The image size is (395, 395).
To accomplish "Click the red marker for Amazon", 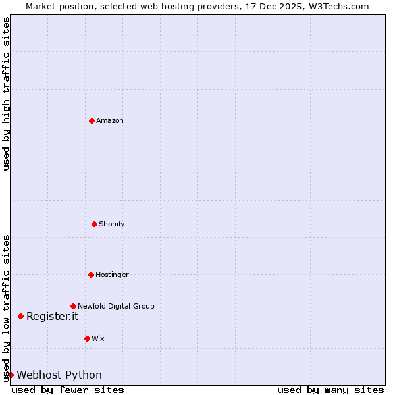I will coord(92,120).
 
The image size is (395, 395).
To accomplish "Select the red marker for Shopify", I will coord(94,224).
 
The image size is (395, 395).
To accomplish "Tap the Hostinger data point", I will coord(91,275).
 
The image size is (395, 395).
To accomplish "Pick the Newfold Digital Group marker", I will coord(73,306).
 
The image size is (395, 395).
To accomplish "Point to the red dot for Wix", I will coord(87,338).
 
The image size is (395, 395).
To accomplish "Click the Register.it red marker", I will coord(20,316).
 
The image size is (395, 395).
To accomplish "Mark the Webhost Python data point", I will coord(11,375).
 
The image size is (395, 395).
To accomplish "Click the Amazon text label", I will coord(110,120).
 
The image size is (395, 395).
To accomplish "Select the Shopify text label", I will coord(112,224).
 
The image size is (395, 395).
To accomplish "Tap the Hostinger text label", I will coord(112,275).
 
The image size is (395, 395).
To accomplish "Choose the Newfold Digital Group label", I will coord(116,306).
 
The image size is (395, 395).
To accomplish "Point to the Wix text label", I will coord(98,338).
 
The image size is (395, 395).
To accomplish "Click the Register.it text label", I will coord(52,316).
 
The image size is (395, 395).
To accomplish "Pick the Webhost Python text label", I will coord(59,375).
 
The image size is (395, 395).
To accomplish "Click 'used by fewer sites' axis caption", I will coord(68,390).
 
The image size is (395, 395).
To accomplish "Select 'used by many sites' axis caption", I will coord(330,390).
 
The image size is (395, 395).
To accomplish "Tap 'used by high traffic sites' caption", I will coord(6,93).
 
